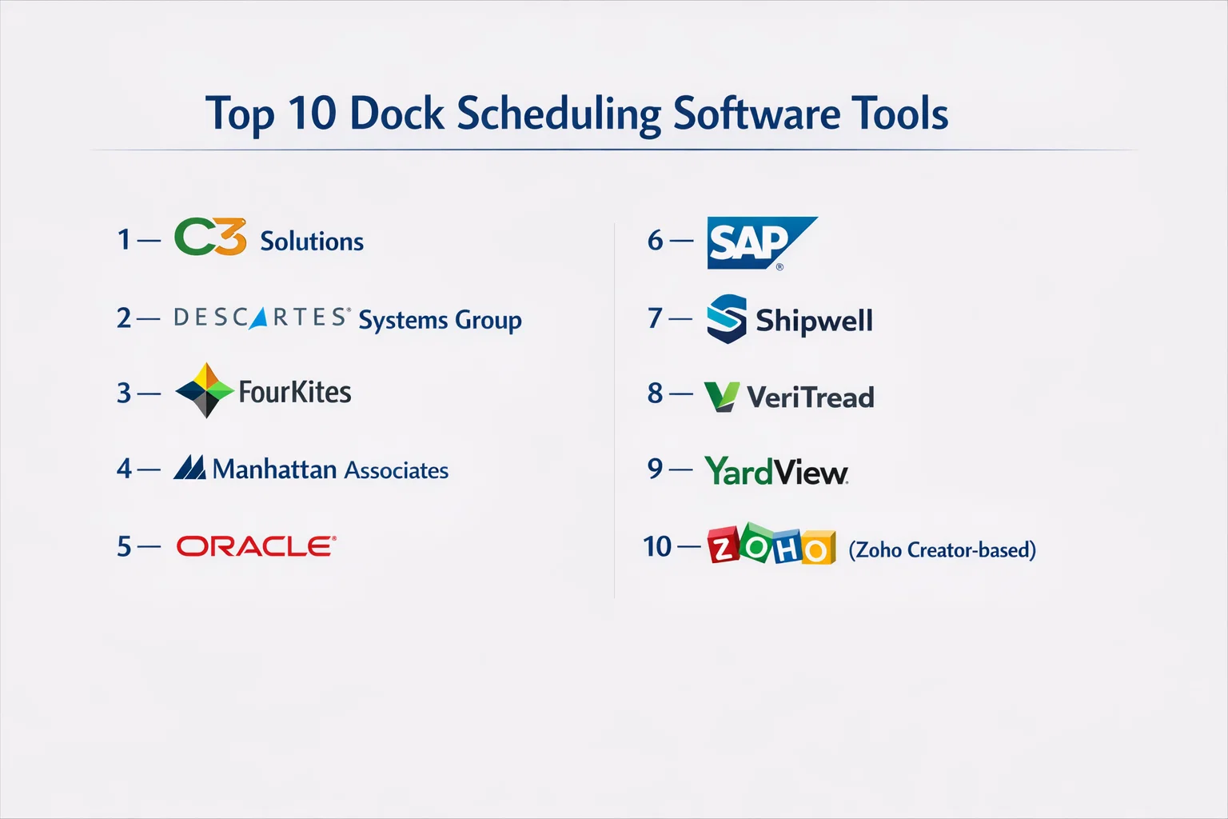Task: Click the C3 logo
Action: pyautogui.click(x=210, y=237)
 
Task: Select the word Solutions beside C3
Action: pyautogui.click(x=312, y=242)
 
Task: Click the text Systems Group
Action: pyautogui.click(x=441, y=321)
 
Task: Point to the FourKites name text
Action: pyautogui.click(x=295, y=392)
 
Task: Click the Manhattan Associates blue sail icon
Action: pyautogui.click(x=189, y=467)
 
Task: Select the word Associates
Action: pyautogui.click(x=397, y=470)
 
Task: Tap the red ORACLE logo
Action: pyautogui.click(x=257, y=546)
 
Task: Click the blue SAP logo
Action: pyautogui.click(x=762, y=243)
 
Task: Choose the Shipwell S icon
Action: pyautogui.click(x=727, y=318)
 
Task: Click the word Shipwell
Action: pyautogui.click(x=814, y=321)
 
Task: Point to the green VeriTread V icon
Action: pyautogui.click(x=722, y=397)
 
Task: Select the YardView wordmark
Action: pyautogui.click(x=776, y=472)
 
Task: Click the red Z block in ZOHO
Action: pyautogui.click(x=724, y=545)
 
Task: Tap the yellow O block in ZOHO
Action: pyautogui.click(x=818, y=547)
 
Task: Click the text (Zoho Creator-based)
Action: pyautogui.click(x=943, y=549)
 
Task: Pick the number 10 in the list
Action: pyautogui.click(x=656, y=547)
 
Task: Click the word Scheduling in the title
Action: pyautogui.click(x=559, y=114)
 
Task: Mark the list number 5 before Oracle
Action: pyautogui.click(x=125, y=547)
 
